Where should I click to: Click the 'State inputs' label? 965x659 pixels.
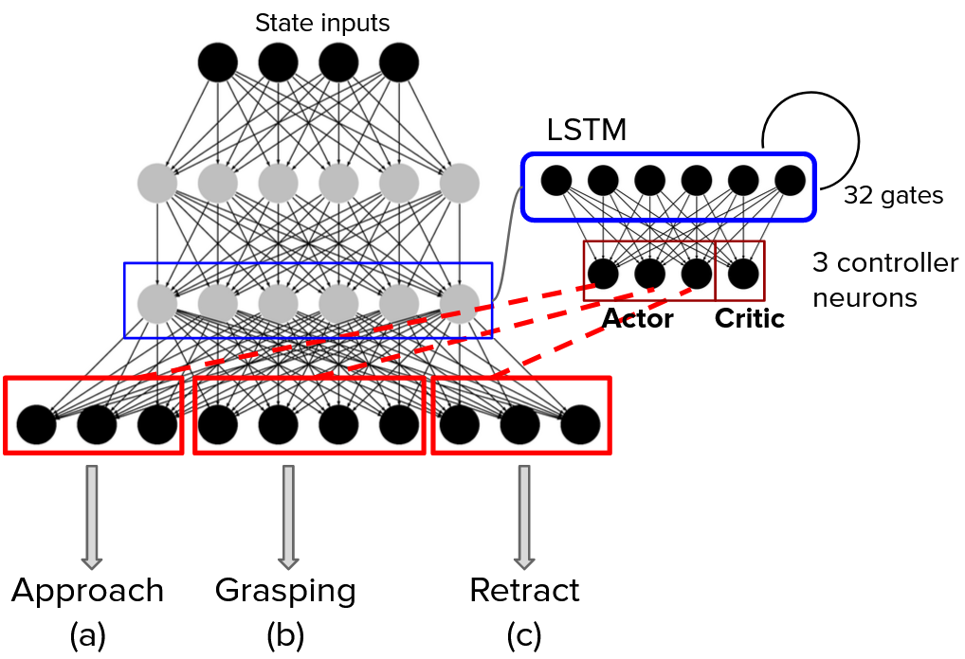click(x=322, y=23)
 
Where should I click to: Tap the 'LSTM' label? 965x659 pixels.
click(x=587, y=130)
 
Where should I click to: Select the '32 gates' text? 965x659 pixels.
click(x=893, y=196)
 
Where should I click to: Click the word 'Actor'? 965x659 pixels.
click(x=638, y=319)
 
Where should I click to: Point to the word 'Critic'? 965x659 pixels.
click(x=750, y=319)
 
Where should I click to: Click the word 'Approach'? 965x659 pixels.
click(x=88, y=591)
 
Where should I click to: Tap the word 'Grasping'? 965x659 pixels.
click(x=285, y=591)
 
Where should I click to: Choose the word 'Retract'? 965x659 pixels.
click(x=524, y=591)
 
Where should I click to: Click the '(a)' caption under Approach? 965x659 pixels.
click(x=88, y=635)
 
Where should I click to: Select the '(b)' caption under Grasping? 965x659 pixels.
click(x=285, y=635)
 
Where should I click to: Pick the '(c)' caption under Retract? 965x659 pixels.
click(x=524, y=635)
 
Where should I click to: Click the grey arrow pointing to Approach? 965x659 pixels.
click(x=92, y=516)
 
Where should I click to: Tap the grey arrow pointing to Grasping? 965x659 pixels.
click(x=287, y=516)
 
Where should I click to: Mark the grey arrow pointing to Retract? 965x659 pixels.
click(x=523, y=516)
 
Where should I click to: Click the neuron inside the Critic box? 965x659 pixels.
click(x=743, y=274)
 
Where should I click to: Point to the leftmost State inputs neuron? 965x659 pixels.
click(x=217, y=62)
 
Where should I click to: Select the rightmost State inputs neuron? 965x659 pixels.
click(x=399, y=62)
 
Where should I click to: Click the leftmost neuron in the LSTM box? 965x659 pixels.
click(x=555, y=179)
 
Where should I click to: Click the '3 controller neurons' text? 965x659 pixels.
click(x=885, y=279)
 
